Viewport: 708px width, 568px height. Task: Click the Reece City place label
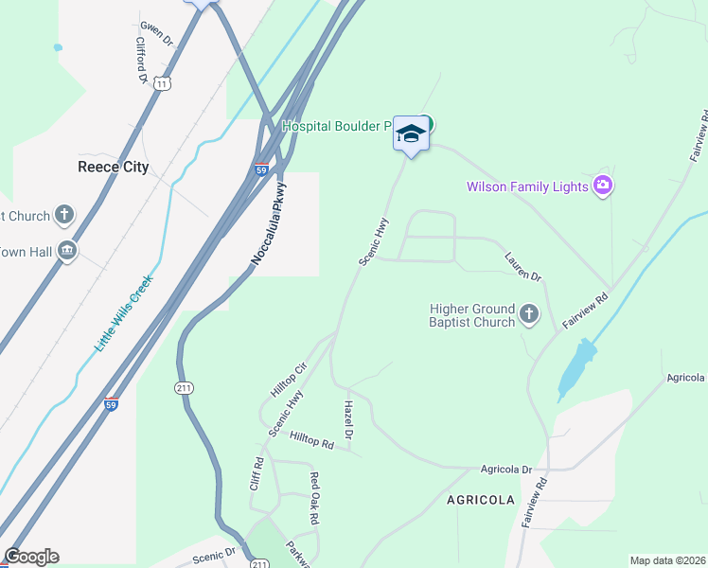pyautogui.click(x=113, y=167)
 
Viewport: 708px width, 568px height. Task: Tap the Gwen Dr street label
pyautogui.click(x=156, y=35)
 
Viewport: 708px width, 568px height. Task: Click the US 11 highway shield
pyautogui.click(x=163, y=83)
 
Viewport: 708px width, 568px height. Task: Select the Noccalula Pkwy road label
pyautogui.click(x=268, y=221)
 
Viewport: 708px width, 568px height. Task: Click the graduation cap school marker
pyautogui.click(x=411, y=133)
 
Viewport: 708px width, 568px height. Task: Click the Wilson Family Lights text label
pyautogui.click(x=527, y=186)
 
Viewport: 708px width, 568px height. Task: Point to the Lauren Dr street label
pyautogui.click(x=522, y=266)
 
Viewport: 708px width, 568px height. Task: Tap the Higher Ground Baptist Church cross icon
pyautogui.click(x=529, y=314)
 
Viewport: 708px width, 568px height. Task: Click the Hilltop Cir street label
pyautogui.click(x=290, y=380)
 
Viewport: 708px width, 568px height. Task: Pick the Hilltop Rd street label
pyautogui.click(x=312, y=440)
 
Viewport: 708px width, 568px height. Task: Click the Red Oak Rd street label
pyautogui.click(x=314, y=499)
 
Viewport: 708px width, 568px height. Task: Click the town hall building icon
pyautogui.click(x=66, y=251)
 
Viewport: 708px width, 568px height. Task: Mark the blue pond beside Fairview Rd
pyautogui.click(x=577, y=367)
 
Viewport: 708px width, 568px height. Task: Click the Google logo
pyautogui.click(x=31, y=557)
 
